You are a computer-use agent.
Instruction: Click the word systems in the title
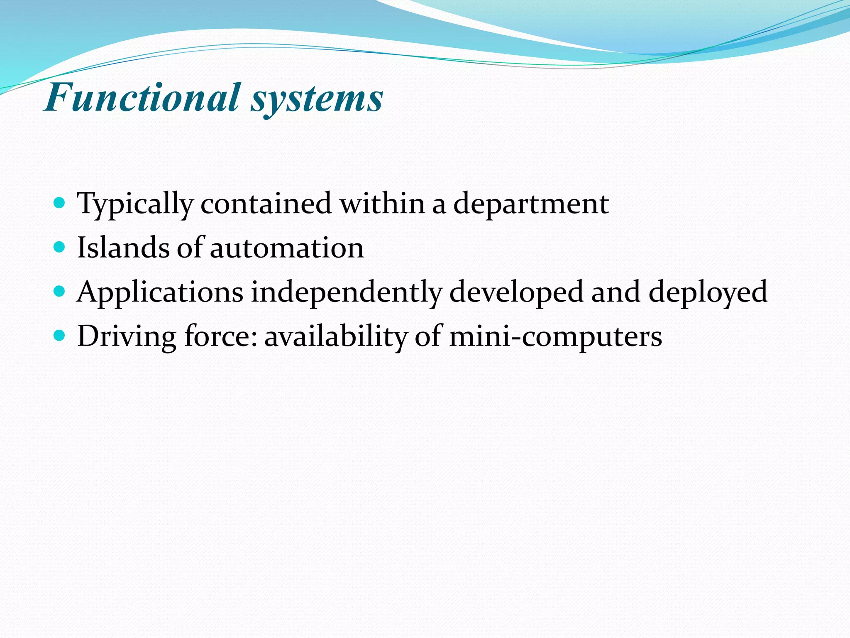click(317, 100)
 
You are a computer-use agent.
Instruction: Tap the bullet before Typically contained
click(60, 203)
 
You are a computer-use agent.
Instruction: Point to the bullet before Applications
click(60, 292)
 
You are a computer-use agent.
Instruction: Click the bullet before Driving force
click(60, 336)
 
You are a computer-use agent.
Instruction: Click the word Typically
click(135, 204)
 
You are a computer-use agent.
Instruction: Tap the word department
click(531, 204)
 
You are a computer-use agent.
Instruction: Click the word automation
click(287, 248)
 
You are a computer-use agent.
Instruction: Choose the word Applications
click(160, 292)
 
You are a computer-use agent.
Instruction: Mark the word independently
click(346, 292)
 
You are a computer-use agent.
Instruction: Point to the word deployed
click(708, 292)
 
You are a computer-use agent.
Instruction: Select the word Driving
click(127, 336)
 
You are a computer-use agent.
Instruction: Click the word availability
click(336, 336)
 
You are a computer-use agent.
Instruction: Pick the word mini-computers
click(556, 336)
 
